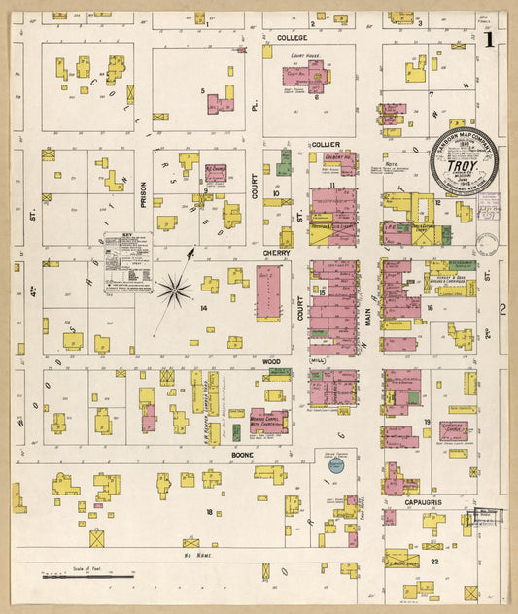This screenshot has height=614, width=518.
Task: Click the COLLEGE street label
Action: pyautogui.click(x=292, y=38)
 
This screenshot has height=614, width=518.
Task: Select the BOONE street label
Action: pyautogui.click(x=243, y=452)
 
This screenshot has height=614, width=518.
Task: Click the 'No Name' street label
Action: pyautogui.click(x=197, y=554)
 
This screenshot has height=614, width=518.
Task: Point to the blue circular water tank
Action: pyautogui.click(x=336, y=466)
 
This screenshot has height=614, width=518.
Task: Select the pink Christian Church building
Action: pyautogui.click(x=452, y=429)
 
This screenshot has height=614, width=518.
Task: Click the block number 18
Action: pyautogui.click(x=208, y=511)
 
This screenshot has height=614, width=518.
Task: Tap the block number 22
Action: pyautogui.click(x=435, y=562)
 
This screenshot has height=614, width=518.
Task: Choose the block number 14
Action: pyautogui.click(x=203, y=308)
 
